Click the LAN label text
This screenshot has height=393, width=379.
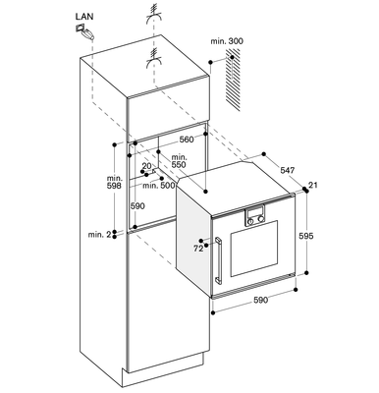tap(84, 17)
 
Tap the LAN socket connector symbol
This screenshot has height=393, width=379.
tap(84, 32)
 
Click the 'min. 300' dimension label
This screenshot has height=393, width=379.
tap(227, 41)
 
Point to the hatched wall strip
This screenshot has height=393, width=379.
tap(233, 81)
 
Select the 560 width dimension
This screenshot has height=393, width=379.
tap(187, 140)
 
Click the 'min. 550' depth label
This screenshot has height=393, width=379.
tap(179, 161)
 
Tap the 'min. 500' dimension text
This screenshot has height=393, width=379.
tap(159, 186)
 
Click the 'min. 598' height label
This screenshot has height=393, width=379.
tap(114, 182)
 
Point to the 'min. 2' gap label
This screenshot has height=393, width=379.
tap(99, 235)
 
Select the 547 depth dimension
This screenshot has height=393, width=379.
tap(288, 170)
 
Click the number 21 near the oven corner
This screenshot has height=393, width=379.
tap(313, 186)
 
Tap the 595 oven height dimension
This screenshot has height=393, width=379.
tap(306, 236)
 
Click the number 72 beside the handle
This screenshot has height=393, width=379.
tap(198, 249)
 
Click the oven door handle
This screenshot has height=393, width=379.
tap(218, 260)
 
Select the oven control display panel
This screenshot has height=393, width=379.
tap(254, 216)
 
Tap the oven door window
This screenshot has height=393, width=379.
tap(254, 249)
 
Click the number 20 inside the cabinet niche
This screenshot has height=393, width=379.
tap(147, 166)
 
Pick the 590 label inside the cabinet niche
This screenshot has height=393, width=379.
tap(137, 206)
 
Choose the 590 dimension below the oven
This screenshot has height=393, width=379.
tap(260, 300)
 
